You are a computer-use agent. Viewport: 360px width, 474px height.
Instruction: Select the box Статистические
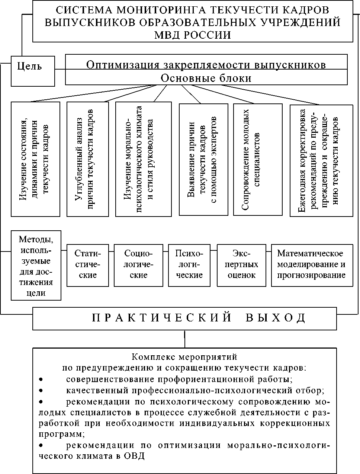coord(88,265)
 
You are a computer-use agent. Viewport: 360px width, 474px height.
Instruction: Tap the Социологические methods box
coord(138,265)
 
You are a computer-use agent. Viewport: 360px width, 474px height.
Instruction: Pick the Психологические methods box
coord(189,265)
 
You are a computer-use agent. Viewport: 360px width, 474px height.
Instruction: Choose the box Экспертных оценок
coord(241,265)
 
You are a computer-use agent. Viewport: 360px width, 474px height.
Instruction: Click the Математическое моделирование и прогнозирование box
coord(312,265)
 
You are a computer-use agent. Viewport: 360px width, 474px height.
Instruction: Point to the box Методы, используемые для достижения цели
coord(36,265)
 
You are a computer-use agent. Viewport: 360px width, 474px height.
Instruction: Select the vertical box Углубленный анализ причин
coord(88,159)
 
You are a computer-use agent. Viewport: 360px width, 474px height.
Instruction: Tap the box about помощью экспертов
coord(203,159)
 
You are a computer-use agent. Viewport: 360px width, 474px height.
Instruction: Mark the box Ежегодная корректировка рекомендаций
coord(321,160)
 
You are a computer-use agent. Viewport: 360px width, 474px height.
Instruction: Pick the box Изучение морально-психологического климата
coord(144,159)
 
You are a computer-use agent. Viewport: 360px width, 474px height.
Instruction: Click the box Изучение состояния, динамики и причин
coord(35,159)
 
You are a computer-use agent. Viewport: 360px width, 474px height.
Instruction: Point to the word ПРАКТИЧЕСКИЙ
coord(162,318)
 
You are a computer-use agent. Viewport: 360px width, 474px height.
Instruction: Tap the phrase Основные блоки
coord(206,79)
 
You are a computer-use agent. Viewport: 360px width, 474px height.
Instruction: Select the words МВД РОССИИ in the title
coord(193,35)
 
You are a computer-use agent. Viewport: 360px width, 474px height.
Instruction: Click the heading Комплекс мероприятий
coord(184,358)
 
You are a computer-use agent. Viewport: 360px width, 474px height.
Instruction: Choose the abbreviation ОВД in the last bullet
coord(136,456)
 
